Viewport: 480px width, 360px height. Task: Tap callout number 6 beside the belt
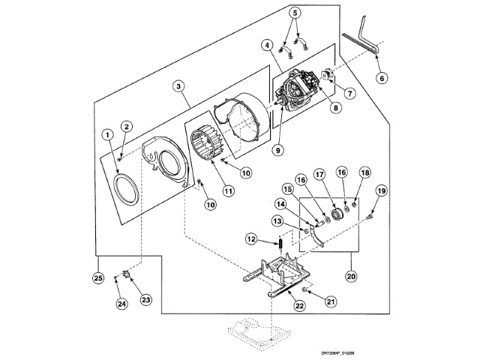coord(381,77)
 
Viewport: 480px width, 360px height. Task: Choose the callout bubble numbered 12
coord(253,239)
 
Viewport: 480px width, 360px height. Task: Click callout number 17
coord(319,174)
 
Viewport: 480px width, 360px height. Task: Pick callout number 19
coord(381,191)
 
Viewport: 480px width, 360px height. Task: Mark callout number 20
coord(351,275)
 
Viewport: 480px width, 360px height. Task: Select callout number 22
coord(300,304)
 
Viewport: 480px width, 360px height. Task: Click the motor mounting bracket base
coord(274,271)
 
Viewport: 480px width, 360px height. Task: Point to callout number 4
coord(266,45)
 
